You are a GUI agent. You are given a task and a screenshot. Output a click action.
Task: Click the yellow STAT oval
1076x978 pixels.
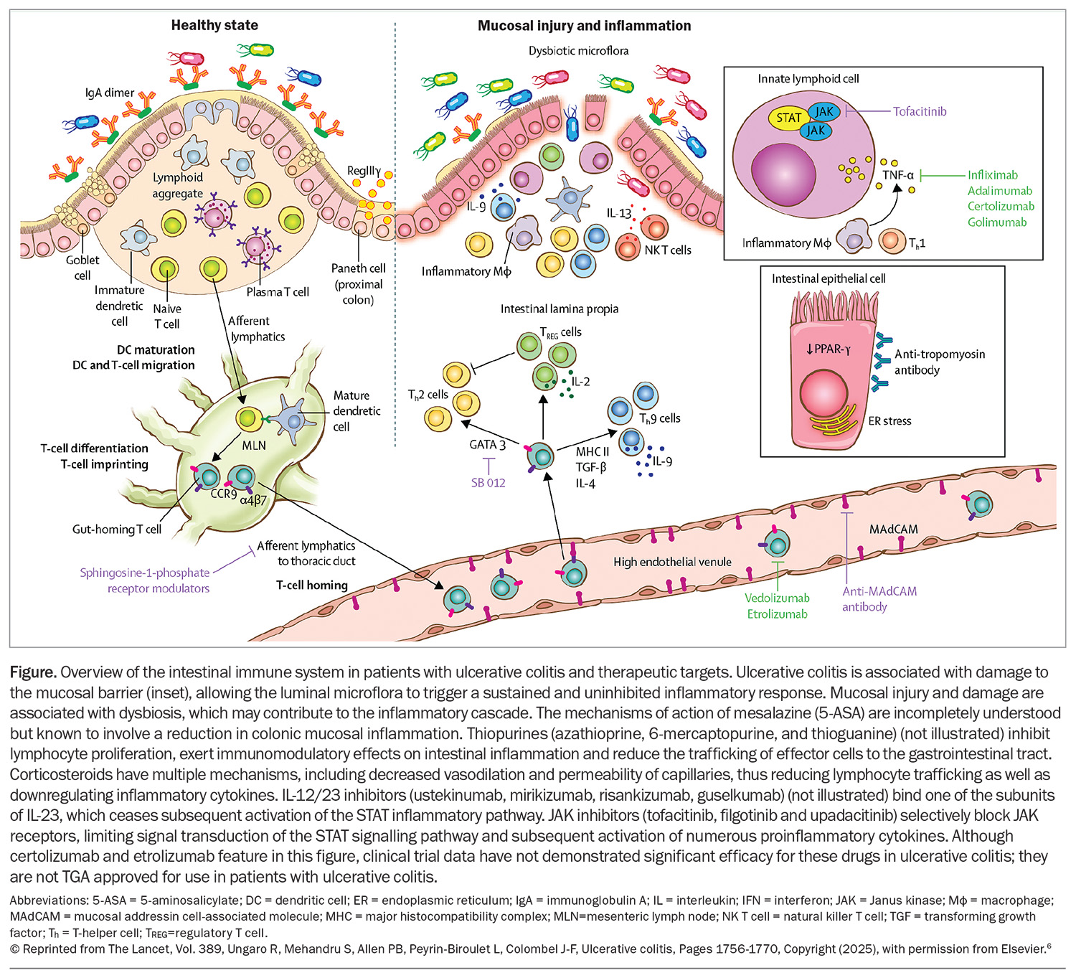[788, 118]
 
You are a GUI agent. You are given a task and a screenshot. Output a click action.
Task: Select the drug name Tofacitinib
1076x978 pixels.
[920, 112]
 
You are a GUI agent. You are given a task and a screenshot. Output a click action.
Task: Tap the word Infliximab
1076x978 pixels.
[992, 175]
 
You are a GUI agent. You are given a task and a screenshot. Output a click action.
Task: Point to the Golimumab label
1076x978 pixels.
[996, 222]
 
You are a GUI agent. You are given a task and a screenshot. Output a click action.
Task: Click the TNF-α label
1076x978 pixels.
[898, 175]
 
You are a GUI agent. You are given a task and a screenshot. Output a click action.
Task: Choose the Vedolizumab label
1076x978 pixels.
[777, 598]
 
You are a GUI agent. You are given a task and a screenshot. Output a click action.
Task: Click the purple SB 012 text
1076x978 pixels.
[488, 483]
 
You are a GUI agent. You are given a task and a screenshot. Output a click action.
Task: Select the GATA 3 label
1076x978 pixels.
[487, 444]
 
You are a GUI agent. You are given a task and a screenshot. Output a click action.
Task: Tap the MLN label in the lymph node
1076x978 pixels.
[254, 446]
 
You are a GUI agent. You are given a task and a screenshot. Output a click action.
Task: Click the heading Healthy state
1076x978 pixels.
[214, 25]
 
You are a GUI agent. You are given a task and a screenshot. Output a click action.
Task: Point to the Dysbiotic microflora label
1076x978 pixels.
[578, 51]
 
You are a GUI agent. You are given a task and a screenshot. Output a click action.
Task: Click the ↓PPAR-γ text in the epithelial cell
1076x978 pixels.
[828, 349]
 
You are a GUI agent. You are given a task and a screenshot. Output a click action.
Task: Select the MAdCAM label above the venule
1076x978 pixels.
[893, 530]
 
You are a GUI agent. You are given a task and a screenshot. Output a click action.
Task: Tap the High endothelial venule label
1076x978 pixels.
[672, 562]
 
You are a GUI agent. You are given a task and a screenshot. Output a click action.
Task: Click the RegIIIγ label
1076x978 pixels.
[364, 171]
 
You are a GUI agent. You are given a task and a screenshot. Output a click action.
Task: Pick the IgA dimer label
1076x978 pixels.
[110, 93]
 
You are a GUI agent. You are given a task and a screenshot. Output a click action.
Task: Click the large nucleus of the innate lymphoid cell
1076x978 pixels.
[783, 174]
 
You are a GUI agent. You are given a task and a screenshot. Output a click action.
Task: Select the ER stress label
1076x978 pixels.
[889, 421]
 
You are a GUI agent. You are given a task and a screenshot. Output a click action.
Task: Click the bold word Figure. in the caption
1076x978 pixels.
[33, 672]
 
